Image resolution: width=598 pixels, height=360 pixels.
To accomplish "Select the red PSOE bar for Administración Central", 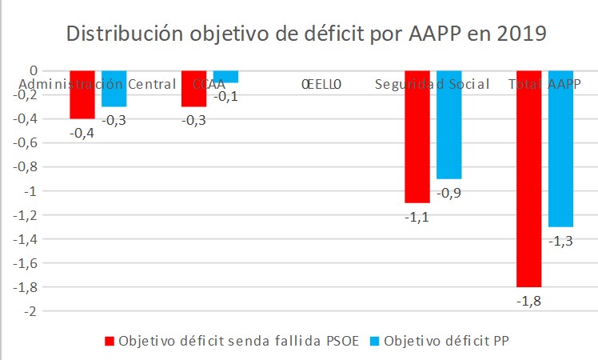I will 82,94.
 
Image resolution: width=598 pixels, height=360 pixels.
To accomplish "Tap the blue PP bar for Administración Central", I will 114,89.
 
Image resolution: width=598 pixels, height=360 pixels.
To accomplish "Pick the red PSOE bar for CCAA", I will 194,89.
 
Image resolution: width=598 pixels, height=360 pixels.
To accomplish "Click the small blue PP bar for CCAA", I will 225,77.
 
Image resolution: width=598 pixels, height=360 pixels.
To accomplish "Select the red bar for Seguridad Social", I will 417,136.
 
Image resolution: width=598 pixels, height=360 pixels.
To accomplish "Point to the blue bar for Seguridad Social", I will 448,124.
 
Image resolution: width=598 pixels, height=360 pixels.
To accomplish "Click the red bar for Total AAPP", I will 528,178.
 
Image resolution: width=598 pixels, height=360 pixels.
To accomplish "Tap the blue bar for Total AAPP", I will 560,148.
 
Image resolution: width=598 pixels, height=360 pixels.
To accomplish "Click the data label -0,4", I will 82,132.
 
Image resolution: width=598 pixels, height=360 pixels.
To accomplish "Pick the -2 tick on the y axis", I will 31,310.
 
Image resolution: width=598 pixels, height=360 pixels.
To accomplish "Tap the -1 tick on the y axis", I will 31,190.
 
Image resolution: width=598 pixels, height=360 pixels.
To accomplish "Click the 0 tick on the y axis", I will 33,70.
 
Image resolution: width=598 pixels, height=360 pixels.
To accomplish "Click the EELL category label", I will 321,84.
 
